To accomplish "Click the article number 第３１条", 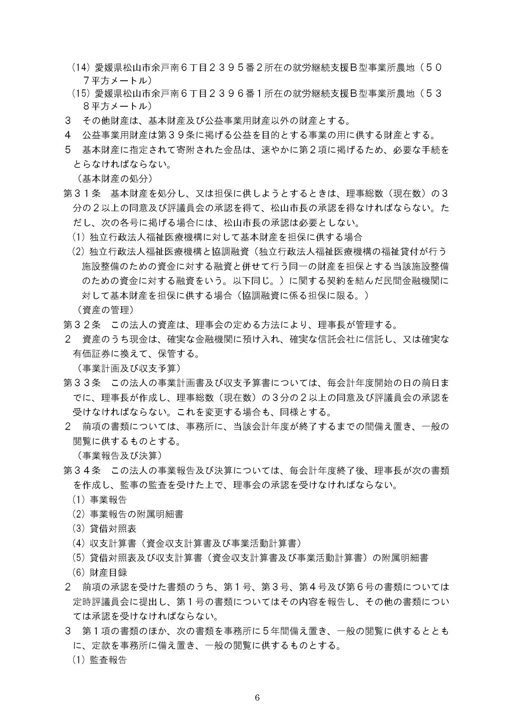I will [82, 193].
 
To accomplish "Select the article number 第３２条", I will [82, 325].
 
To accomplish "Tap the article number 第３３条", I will [82, 383].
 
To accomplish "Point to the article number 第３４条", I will [82, 470].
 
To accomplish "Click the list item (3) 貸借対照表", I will [104, 528].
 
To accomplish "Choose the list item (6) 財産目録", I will [100, 572].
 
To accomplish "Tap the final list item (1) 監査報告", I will [100, 660].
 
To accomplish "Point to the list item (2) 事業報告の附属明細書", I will [128, 514].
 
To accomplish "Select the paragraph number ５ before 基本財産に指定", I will [68, 150].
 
